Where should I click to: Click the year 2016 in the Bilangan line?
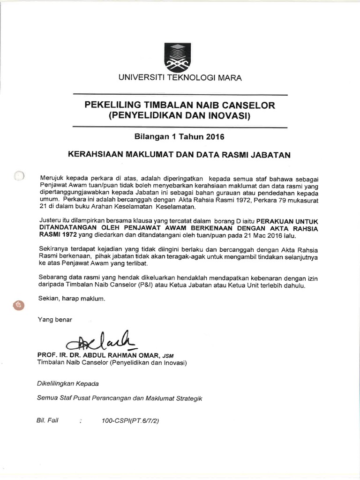[x=215, y=137]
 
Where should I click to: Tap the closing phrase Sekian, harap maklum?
[x=73, y=298]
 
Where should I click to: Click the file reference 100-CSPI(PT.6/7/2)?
[x=130, y=421]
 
